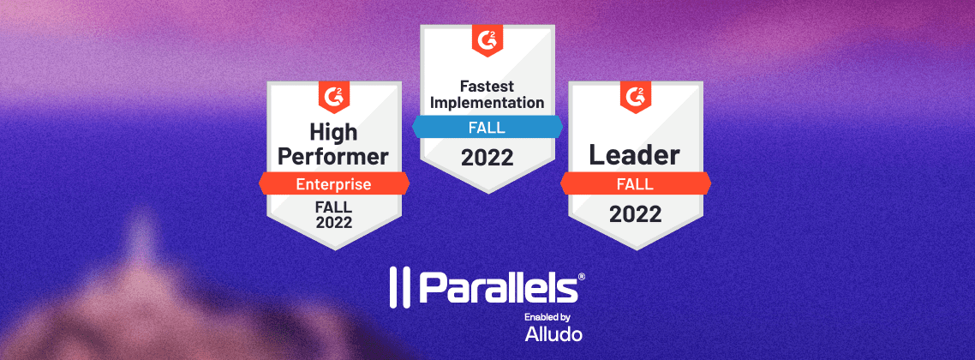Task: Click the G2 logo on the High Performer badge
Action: [334, 96]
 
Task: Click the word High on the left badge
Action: [333, 131]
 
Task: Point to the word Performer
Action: [334, 156]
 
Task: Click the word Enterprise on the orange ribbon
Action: [333, 183]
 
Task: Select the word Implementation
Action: [487, 103]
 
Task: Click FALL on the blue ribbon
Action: [487, 129]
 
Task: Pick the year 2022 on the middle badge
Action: [487, 159]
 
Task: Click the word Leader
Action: [635, 155]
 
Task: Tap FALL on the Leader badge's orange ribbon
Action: [635, 183]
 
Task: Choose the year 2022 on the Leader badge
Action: [635, 213]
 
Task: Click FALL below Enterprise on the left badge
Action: [334, 207]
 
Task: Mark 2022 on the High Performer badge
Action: [334, 223]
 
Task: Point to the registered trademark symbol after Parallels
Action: [582, 278]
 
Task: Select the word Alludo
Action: [553, 334]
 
